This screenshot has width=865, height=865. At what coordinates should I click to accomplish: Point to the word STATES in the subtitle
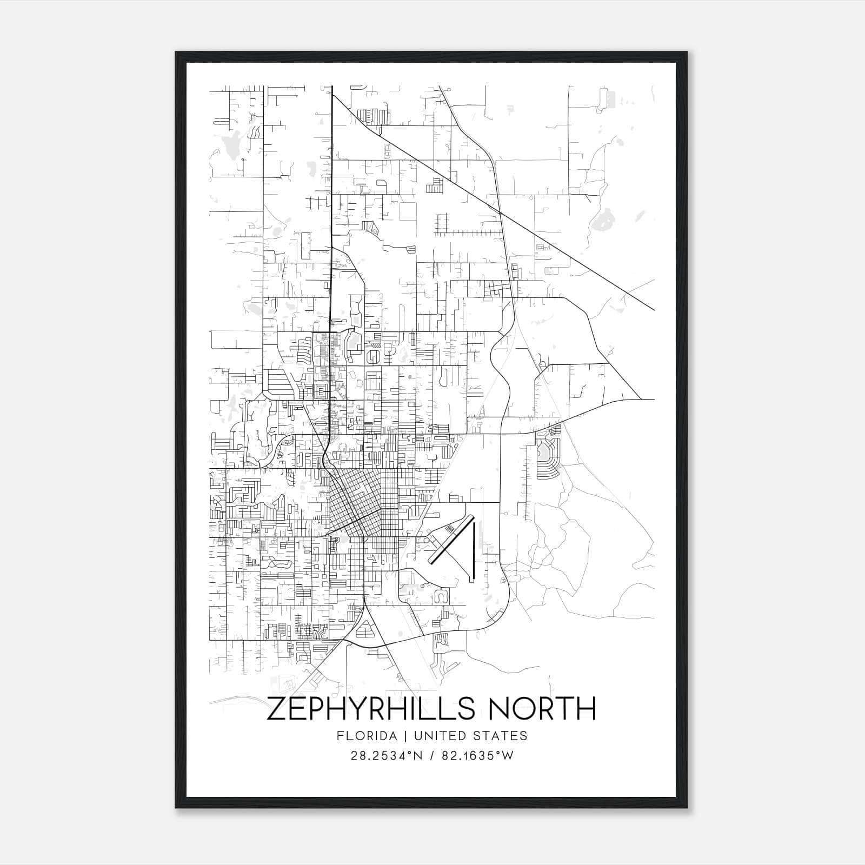click(x=501, y=736)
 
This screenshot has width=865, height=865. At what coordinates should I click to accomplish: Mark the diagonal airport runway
click(x=450, y=543)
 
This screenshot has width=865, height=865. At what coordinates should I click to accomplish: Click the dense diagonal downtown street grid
click(x=354, y=500)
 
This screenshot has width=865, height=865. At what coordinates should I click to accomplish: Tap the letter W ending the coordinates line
click(x=507, y=756)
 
